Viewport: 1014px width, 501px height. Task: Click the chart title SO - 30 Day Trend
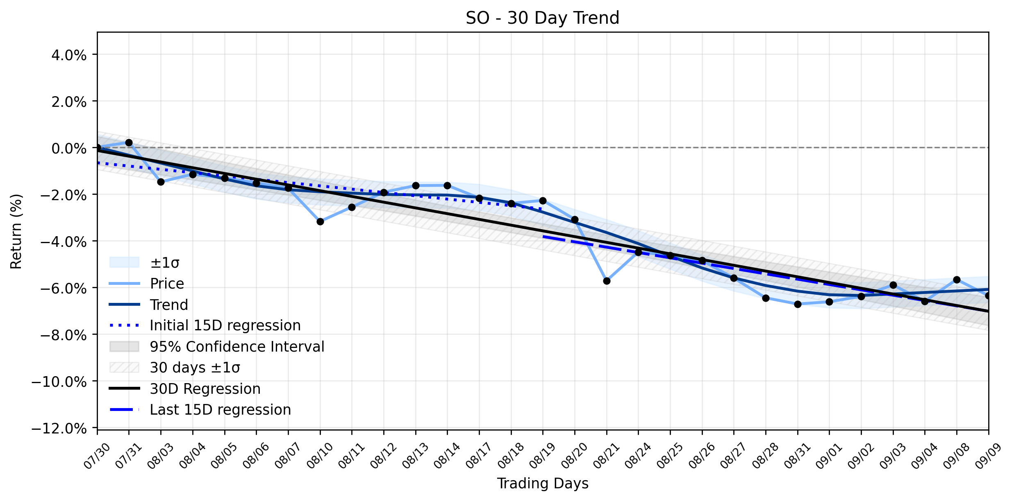coord(542,18)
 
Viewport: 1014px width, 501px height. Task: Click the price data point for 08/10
coord(320,221)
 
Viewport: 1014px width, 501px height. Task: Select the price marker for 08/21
coord(607,281)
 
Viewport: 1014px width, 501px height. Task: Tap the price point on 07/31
coord(129,142)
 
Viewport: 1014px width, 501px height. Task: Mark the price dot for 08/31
coord(798,304)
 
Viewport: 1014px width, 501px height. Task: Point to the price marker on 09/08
coord(957,280)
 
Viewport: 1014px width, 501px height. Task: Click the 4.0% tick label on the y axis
coord(69,55)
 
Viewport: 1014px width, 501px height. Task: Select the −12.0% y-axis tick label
coord(59,429)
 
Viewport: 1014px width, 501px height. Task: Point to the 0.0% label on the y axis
coord(69,148)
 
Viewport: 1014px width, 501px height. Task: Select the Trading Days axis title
coord(543,483)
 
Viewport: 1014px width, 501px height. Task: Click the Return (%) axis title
coord(16,231)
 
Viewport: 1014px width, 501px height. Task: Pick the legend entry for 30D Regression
coord(185,388)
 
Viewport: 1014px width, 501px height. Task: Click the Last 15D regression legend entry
coord(200,409)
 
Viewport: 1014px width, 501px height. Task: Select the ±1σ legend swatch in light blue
coord(124,262)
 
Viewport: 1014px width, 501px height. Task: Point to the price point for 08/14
coord(447,185)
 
